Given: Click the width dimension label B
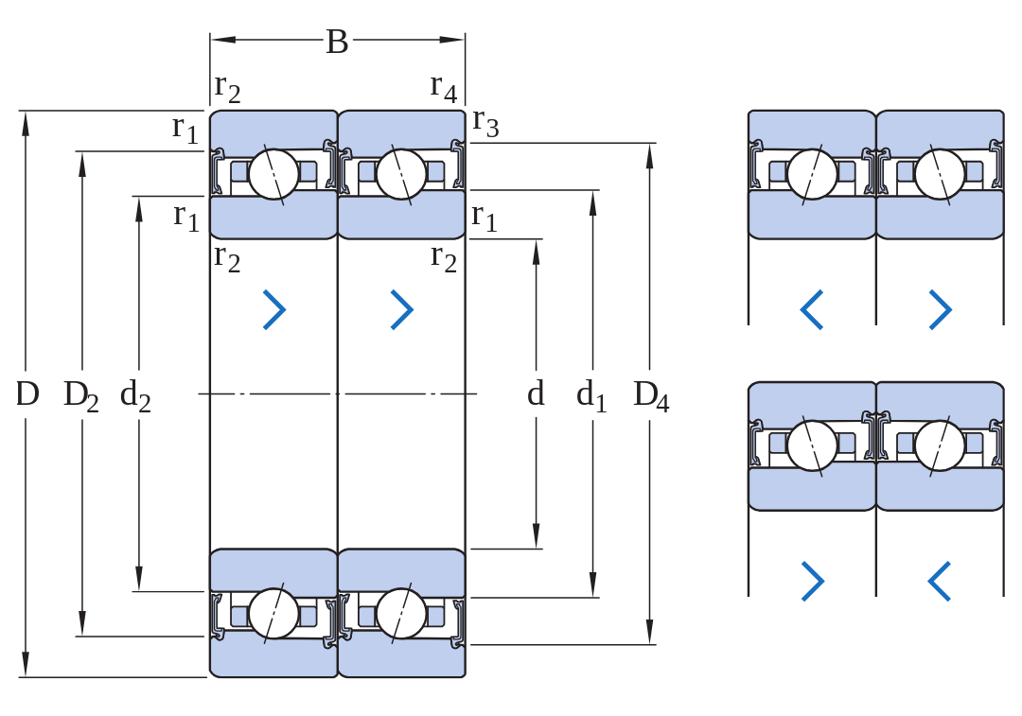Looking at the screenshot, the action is tap(337, 42).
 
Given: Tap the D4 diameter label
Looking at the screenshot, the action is tap(651, 395).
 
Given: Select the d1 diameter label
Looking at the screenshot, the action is tap(591, 395).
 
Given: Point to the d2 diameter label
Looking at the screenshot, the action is tap(135, 395).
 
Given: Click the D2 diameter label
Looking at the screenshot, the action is tap(80, 395).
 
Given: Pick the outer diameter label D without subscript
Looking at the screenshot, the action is tap(27, 394).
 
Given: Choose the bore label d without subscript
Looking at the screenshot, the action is tap(535, 393).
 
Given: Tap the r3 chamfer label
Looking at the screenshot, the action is tap(485, 122).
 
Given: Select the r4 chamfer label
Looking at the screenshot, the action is tap(443, 87).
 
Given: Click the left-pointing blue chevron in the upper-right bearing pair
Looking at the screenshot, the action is tap(812, 309).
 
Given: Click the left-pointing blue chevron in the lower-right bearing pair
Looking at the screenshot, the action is tap(940, 581).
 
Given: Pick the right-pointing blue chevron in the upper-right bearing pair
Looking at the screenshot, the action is tap(940, 309).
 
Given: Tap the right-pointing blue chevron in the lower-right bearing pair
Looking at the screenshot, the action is tap(812, 581).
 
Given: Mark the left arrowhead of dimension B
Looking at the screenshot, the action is tap(222, 40).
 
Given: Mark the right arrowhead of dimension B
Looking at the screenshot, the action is tap(452, 40).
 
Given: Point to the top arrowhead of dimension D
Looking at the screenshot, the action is tap(26, 124).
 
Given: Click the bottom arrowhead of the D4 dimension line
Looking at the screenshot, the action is tap(649, 632).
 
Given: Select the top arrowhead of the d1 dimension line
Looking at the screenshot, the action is tap(592, 203).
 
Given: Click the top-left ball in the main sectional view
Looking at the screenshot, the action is tap(273, 174).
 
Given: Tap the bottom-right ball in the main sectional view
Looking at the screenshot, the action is tap(401, 614).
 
